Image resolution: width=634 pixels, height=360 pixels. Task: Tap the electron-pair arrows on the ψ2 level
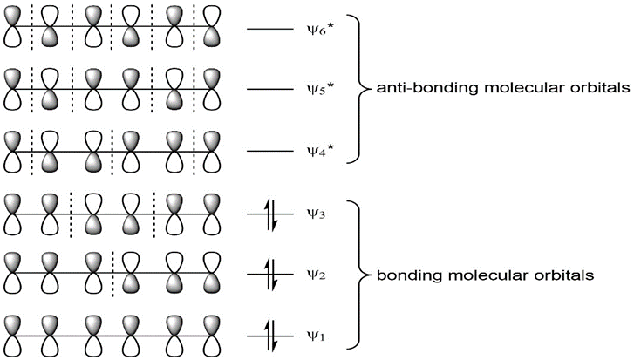pyautogui.click(x=271, y=275)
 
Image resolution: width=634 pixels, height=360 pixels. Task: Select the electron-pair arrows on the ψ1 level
pyautogui.click(x=271, y=334)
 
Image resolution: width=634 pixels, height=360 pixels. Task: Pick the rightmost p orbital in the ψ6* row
pyautogui.click(x=210, y=31)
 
